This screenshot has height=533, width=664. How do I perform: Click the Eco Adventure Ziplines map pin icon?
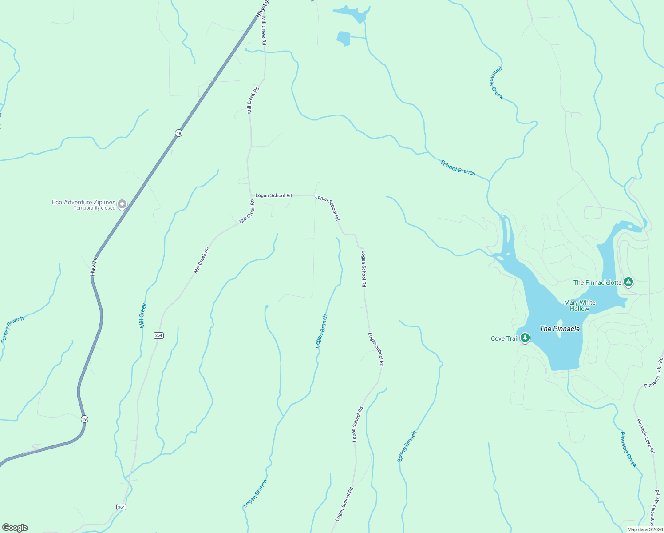point(122,204)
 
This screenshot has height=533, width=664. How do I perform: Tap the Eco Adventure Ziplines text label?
point(83,202)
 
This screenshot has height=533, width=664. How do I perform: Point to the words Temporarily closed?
point(94,208)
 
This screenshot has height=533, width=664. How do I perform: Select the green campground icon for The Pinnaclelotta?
point(628,282)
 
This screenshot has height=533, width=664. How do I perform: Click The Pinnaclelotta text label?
point(597,282)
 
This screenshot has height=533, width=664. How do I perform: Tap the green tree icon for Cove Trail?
point(525,338)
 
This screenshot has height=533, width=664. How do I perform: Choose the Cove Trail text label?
point(504,338)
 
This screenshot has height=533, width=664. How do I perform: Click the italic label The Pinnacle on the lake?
point(560,329)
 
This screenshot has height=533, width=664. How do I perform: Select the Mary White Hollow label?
point(580,306)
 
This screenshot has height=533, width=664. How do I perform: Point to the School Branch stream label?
point(458,167)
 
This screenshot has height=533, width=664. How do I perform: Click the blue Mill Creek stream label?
point(143,315)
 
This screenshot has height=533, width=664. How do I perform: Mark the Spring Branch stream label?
point(407,446)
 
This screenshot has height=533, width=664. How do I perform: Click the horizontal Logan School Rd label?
point(273,195)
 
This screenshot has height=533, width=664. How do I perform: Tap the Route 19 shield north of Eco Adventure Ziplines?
point(178,133)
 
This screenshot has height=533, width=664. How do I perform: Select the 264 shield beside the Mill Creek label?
point(159,335)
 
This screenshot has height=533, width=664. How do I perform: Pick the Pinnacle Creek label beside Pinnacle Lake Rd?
point(628,449)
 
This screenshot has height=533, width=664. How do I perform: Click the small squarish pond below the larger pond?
point(343,38)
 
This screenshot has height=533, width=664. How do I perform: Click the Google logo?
point(15,528)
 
